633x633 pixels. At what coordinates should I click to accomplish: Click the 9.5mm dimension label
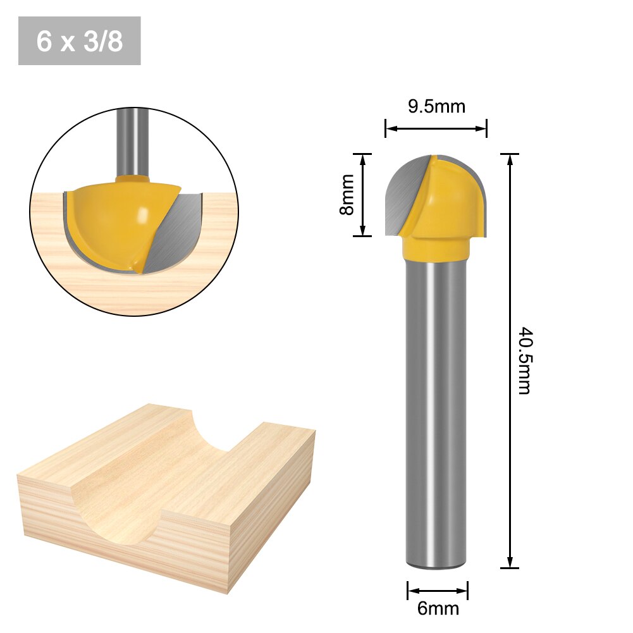pyautogui.click(x=436, y=106)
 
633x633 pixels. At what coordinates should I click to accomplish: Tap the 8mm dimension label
pyautogui.click(x=347, y=195)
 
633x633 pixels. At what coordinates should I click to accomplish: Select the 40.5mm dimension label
pyautogui.click(x=524, y=360)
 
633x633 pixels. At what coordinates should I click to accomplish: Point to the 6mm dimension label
pyautogui.click(x=438, y=609)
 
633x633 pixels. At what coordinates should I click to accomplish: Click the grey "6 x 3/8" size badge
pyautogui.click(x=80, y=41)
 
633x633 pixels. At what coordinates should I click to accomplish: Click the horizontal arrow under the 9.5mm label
pyautogui.click(x=436, y=129)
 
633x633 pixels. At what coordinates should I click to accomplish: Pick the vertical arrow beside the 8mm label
pyautogui.click(x=362, y=195)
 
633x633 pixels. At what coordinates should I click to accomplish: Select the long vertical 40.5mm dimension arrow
pyautogui.click(x=510, y=360)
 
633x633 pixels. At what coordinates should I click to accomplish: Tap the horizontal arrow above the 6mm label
pyautogui.click(x=438, y=591)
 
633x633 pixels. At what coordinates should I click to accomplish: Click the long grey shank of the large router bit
pyautogui.click(x=436, y=411)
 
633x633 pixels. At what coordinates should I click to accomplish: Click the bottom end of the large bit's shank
pyautogui.click(x=436, y=563)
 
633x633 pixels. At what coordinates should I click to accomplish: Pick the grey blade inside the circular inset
pyautogui.click(x=174, y=234)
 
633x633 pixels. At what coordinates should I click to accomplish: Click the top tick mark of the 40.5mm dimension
pyautogui.click(x=510, y=154)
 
